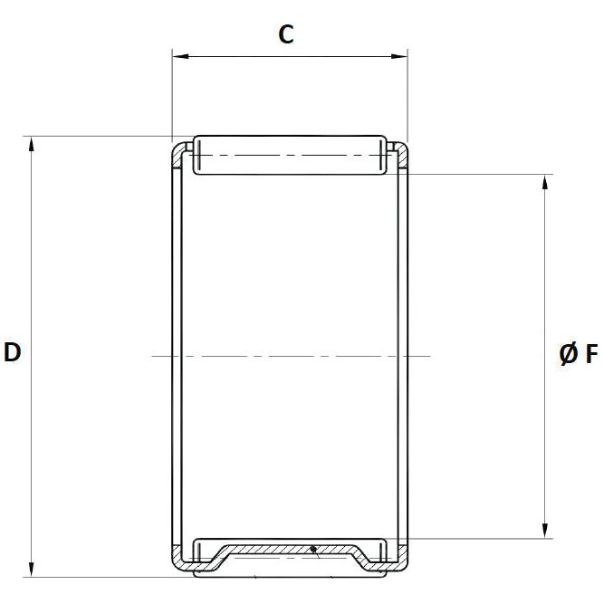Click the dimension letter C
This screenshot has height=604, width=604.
(x=286, y=34)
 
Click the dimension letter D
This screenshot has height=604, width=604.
(x=13, y=352)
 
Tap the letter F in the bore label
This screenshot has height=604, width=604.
(x=590, y=354)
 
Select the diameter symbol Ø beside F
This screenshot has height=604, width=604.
(x=568, y=354)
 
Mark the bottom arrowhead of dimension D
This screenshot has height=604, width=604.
(x=33, y=570)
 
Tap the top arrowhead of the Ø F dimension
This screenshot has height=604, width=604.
(x=545, y=180)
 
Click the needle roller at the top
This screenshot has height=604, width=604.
(x=289, y=155)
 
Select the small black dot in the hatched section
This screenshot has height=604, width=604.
(x=312, y=548)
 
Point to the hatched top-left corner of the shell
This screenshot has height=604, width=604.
(x=179, y=153)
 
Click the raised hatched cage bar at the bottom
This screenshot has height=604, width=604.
(x=290, y=549)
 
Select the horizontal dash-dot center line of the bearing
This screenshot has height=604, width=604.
(x=290, y=356)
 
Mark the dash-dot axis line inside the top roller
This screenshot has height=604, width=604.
(x=289, y=156)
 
